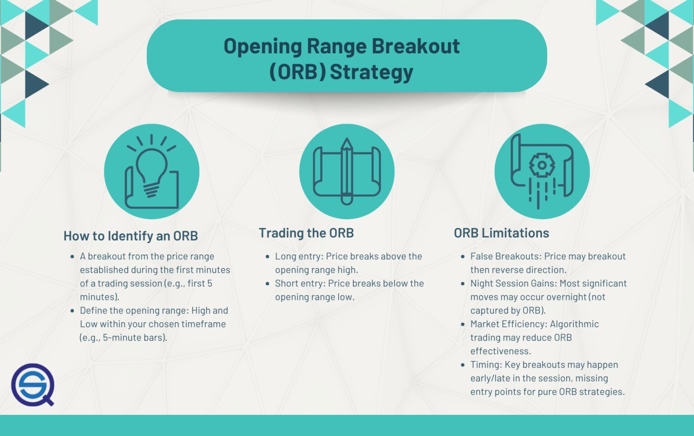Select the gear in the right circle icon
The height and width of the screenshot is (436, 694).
pyautogui.click(x=541, y=165)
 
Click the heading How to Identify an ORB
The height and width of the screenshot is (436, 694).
pyautogui.click(x=131, y=236)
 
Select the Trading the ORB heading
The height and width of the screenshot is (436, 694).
pyautogui.click(x=306, y=233)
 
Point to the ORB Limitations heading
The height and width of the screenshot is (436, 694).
pyautogui.click(x=501, y=233)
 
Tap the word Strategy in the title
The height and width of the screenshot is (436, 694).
pyautogui.click(x=371, y=72)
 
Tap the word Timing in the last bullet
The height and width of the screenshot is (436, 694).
pyautogui.click(x=485, y=365)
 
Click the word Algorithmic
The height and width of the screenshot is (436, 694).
pyautogui.click(x=574, y=324)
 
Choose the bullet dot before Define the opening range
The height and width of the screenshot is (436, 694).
pyautogui.click(x=72, y=311)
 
